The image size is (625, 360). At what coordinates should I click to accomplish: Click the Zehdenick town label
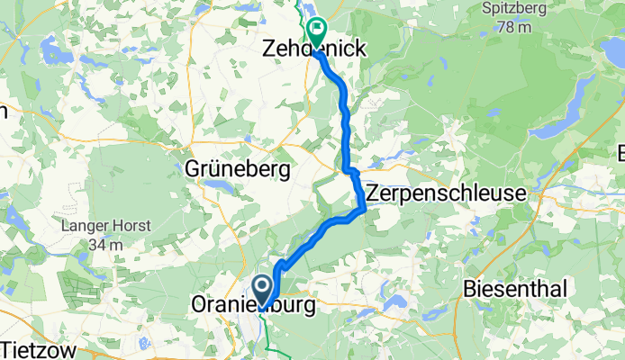tap(313, 49)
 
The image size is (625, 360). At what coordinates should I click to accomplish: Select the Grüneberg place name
tap(237, 169)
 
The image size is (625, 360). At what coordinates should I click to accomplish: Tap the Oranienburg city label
tap(253, 306)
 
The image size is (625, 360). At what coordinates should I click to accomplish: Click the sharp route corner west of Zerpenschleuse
tap(364, 211)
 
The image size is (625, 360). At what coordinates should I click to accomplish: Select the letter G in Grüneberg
tap(191, 169)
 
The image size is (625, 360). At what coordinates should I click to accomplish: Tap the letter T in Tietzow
tap(8, 348)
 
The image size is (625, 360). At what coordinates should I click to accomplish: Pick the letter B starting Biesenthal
tap(469, 289)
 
